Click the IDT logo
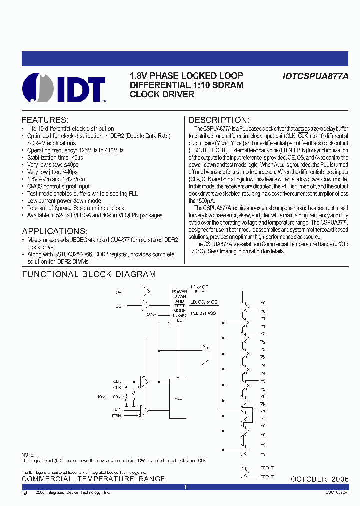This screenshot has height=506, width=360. pos(64,88)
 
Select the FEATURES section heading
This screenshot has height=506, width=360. pos(45,120)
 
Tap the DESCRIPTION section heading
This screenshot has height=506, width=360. pos(218,120)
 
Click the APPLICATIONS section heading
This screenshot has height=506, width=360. pos(54,232)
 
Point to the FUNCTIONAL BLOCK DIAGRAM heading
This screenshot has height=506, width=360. pos(89,274)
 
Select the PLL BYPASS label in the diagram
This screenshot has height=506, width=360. pos(203,313)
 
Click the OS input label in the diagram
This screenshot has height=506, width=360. pos(118,306)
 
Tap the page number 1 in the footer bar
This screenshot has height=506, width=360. pos(185,487)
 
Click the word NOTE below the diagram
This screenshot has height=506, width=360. pos(27,454)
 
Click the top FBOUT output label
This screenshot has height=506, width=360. pos(267,468)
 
